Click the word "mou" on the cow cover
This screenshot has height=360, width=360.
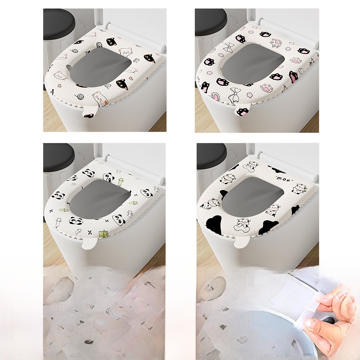click(282, 178)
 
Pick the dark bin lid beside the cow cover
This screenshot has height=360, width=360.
click(211, 157)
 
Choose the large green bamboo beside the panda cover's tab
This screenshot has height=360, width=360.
click(103, 234)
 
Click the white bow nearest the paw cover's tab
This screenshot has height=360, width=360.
click(234, 94)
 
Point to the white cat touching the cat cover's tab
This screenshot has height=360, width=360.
click(100, 98)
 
